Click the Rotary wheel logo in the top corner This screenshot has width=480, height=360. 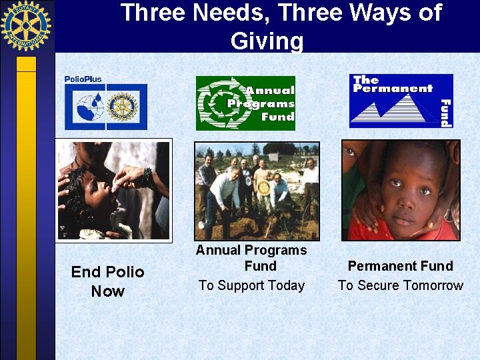pyautogui.click(x=26, y=26)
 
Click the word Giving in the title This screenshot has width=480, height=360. pyautogui.click(x=267, y=41)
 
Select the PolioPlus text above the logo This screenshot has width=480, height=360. pyautogui.click(x=83, y=79)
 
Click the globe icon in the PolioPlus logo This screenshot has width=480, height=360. pyautogui.click(x=90, y=107)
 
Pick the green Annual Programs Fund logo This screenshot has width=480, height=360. pyautogui.click(x=245, y=103)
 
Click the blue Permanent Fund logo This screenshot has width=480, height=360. pyautogui.click(x=401, y=100)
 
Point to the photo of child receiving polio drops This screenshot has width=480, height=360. pyautogui.click(x=113, y=190)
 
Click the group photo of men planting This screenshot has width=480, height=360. pyautogui.click(x=257, y=191)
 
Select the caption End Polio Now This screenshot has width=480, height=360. pyautogui.click(x=107, y=281)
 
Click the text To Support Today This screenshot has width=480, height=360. pyautogui.click(x=251, y=285)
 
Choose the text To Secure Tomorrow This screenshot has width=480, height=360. pyautogui.click(x=400, y=285)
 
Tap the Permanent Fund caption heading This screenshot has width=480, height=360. pyautogui.click(x=400, y=266)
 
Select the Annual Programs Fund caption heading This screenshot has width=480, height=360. pyautogui.click(x=251, y=258)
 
